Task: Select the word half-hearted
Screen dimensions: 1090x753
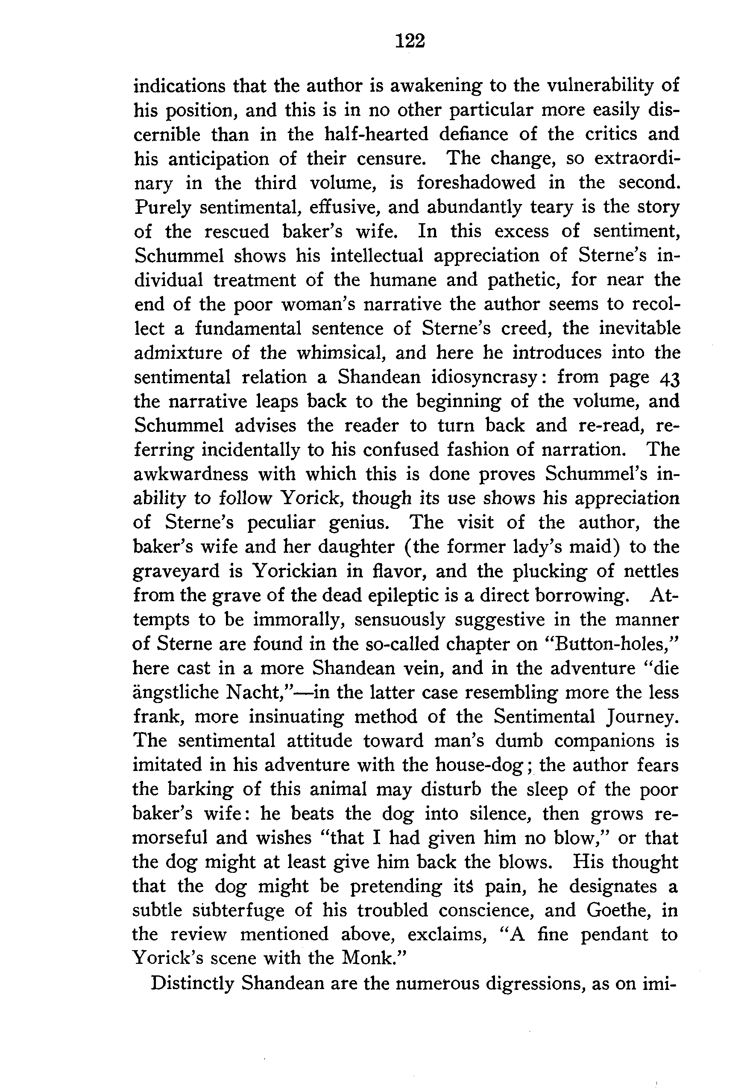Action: click(377, 135)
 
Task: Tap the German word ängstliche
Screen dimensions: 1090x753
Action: click(175, 693)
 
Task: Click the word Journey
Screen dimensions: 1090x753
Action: click(642, 717)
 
